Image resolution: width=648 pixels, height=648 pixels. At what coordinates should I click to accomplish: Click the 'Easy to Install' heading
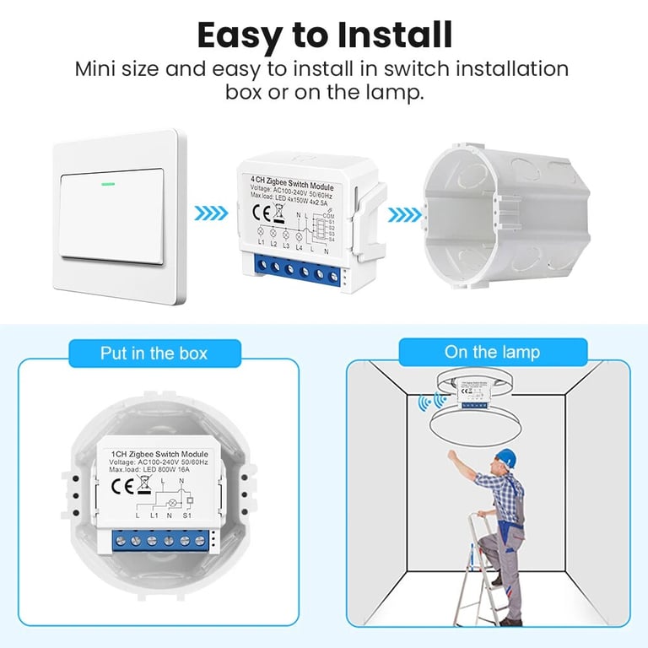click(324, 35)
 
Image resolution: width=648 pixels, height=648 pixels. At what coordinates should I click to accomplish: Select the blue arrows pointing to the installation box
click(403, 213)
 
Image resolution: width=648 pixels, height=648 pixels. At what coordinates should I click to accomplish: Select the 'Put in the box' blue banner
click(154, 353)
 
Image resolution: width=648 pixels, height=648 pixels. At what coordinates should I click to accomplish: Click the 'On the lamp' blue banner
click(492, 352)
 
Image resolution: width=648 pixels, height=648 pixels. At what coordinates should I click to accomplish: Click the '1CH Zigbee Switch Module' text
click(159, 454)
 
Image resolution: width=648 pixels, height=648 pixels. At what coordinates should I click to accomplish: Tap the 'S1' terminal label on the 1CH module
click(187, 514)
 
